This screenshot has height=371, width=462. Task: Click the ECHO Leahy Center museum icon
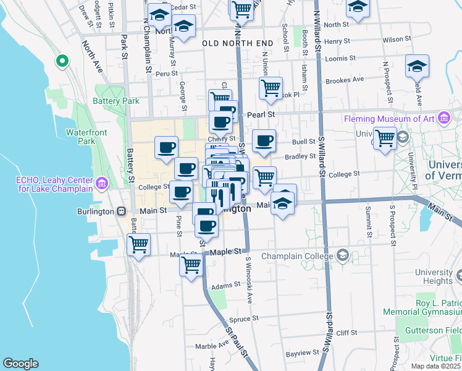pyautogui.click(x=103, y=184)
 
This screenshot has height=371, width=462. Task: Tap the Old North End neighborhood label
pyautogui.click(x=237, y=43)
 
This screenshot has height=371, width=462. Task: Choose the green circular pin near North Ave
pyautogui.click(x=62, y=61)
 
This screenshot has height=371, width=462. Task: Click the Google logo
pyautogui.click(x=20, y=364)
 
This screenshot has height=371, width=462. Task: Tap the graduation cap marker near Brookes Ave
pyautogui.click(x=417, y=66)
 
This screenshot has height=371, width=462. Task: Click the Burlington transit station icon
pyautogui.click(x=122, y=211)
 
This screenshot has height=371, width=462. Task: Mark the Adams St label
pyautogui.click(x=225, y=286)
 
